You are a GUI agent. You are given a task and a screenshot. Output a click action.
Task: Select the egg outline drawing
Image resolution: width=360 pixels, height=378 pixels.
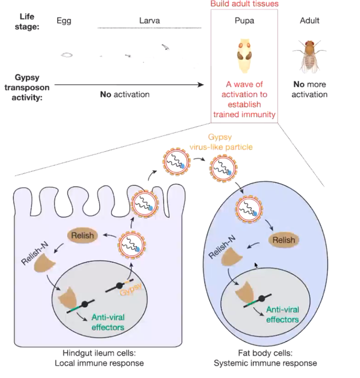click(66, 54)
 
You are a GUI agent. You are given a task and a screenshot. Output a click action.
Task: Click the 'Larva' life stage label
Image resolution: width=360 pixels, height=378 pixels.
click(149, 20)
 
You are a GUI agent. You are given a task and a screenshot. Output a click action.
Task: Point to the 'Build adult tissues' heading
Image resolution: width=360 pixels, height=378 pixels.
click(244, 4)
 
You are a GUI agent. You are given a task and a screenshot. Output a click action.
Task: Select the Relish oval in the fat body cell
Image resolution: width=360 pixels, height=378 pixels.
click(283, 240)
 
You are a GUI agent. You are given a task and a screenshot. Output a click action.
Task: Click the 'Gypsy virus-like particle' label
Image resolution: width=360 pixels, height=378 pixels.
click(220, 141)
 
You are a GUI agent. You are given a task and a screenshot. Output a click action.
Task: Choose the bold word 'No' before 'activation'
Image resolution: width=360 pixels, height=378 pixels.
click(106, 94)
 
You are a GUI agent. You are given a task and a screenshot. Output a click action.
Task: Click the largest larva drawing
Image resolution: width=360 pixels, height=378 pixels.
click(165, 47)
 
